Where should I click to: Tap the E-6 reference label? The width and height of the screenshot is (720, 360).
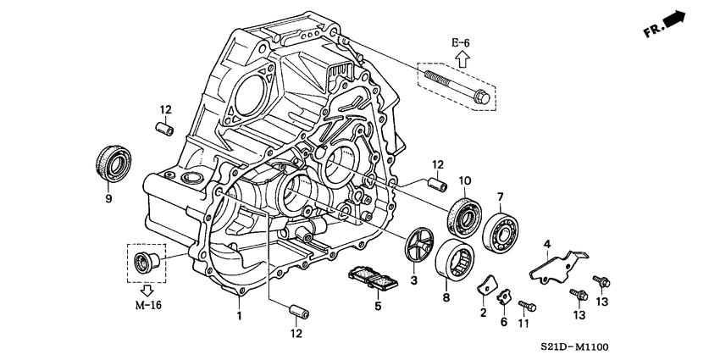[460, 42]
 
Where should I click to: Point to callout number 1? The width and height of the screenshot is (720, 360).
[240, 315]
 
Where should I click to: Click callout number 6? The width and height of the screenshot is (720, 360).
[503, 322]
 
